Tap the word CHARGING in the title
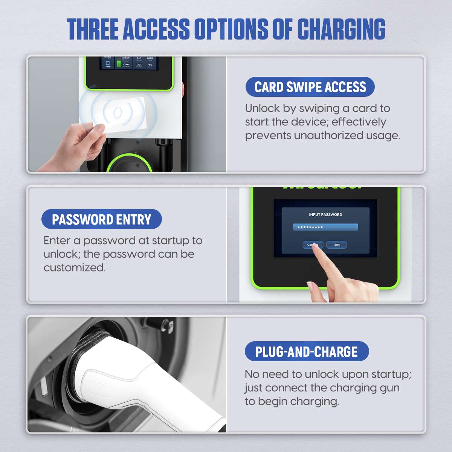[341, 29]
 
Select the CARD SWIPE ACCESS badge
[310, 87]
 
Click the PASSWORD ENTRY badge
[101, 220]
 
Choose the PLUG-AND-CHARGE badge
[307, 351]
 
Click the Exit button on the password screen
[336, 245]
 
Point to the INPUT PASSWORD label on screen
[325, 215]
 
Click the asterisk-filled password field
[325, 228]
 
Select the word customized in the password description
[74, 268]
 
